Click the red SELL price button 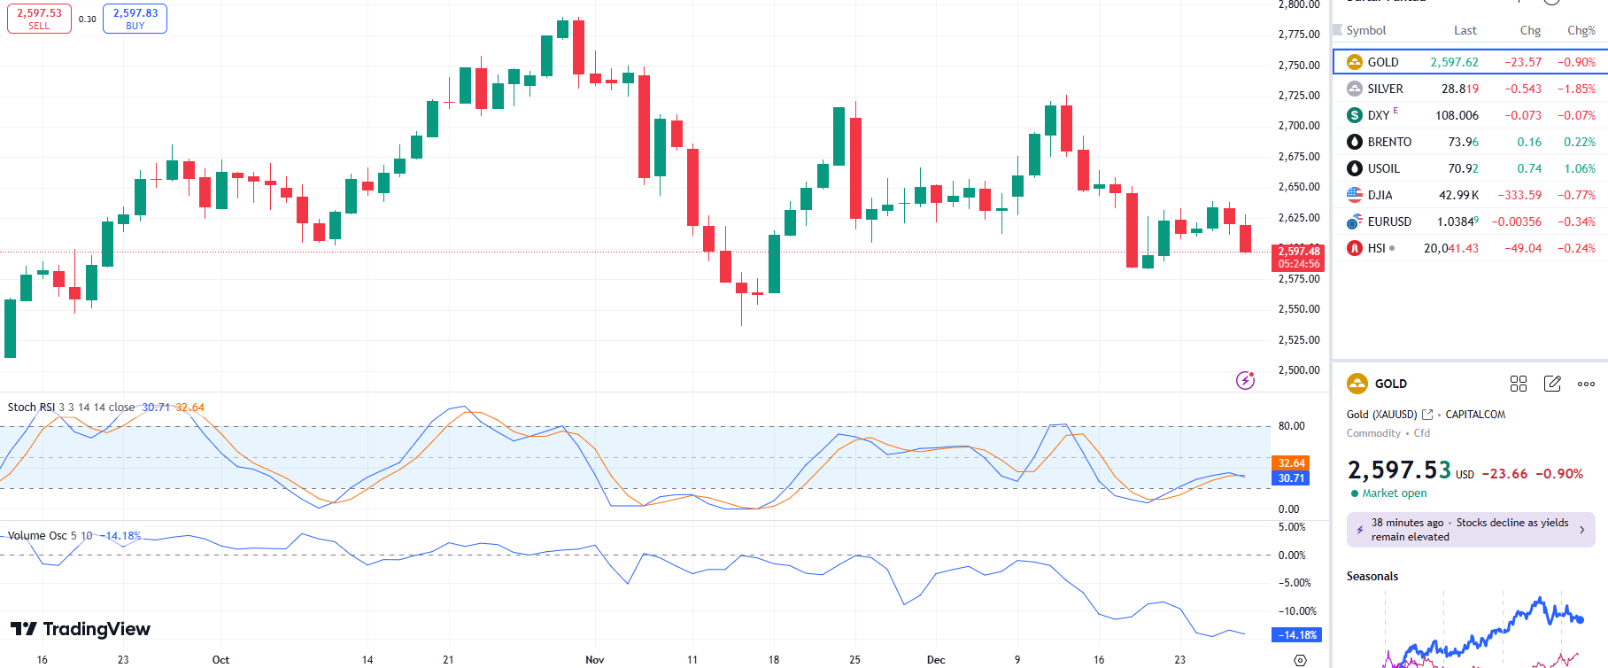(x=39, y=19)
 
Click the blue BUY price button (x=135, y=19)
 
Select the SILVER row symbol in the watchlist (x=1385, y=89)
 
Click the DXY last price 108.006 (x=1457, y=115)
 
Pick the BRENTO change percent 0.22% (x=1579, y=142)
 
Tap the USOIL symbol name (x=1383, y=168)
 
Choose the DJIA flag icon (x=1355, y=195)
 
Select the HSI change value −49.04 (x=1522, y=248)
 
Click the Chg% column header (x=1581, y=30)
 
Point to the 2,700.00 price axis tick (x=1298, y=126)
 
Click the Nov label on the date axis (x=595, y=660)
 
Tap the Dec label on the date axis (x=936, y=660)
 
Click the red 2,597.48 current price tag (x=1298, y=257)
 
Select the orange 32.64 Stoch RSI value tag (x=1291, y=463)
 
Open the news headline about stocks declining (x=1470, y=530)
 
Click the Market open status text (x=1394, y=493)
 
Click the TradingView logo (x=81, y=629)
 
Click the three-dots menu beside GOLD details (x=1586, y=384)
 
